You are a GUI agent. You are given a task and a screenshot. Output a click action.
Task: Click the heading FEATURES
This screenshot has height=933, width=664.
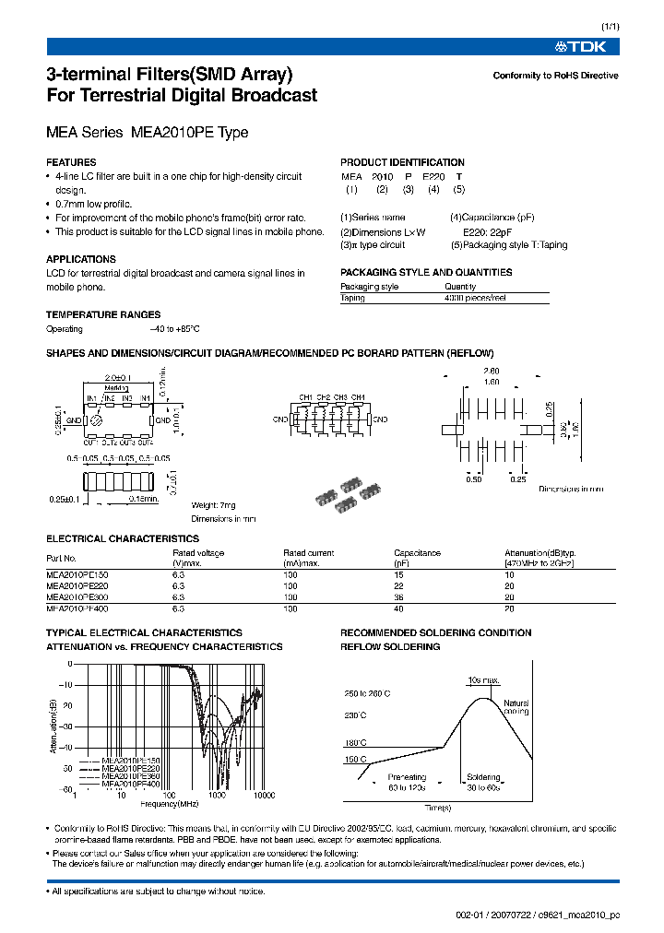[71, 161]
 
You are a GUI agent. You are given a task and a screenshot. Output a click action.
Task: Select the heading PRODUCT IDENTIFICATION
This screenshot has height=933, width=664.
[402, 162]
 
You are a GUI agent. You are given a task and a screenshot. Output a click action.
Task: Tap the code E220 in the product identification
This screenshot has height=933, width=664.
[433, 176]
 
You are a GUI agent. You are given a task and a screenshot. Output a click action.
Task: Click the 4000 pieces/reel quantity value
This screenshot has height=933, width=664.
[475, 298]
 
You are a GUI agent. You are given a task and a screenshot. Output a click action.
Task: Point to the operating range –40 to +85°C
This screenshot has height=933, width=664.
[174, 329]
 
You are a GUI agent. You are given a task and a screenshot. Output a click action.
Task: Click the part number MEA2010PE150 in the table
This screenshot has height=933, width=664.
[77, 573]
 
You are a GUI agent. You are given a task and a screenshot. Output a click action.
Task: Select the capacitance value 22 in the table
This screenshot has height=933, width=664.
[399, 585]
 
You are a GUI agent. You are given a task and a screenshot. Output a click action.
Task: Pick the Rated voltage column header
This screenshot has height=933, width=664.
[198, 553]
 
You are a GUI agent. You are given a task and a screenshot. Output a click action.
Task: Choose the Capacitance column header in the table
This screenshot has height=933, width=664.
[417, 553]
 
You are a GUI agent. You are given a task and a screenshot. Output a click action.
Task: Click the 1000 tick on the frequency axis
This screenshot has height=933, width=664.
[217, 795]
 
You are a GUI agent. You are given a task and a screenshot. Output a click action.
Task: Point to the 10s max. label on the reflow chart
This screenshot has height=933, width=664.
[483, 680]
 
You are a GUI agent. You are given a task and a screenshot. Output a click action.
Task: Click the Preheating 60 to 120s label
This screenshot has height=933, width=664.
[407, 783]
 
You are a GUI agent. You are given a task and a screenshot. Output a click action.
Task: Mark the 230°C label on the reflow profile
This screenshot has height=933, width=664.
[356, 715]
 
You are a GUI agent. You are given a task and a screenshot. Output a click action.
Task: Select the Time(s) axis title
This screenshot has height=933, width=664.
[438, 807]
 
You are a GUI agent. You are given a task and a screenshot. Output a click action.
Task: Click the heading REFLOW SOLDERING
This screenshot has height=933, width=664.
[390, 647]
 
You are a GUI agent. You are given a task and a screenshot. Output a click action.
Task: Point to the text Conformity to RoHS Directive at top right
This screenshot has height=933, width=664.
[555, 76]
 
